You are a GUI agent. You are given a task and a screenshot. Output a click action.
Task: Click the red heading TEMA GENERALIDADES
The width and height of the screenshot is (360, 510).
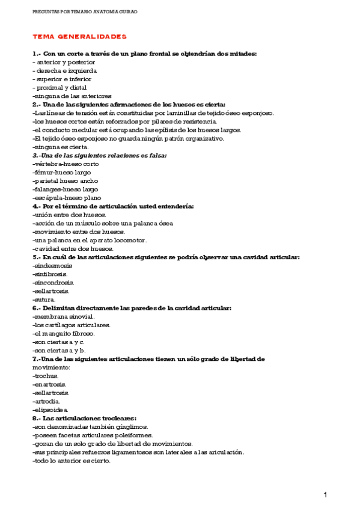pos(79,37)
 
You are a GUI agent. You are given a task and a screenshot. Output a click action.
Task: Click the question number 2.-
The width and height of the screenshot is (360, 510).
pos(37,104)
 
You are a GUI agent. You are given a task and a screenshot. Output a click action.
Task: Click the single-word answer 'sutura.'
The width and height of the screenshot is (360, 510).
pos(44,300)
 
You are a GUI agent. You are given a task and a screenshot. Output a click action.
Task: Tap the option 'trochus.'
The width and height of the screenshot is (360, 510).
pos(46,375)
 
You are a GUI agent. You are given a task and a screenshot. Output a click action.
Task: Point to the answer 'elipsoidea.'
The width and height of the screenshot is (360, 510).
pos(50,410)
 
